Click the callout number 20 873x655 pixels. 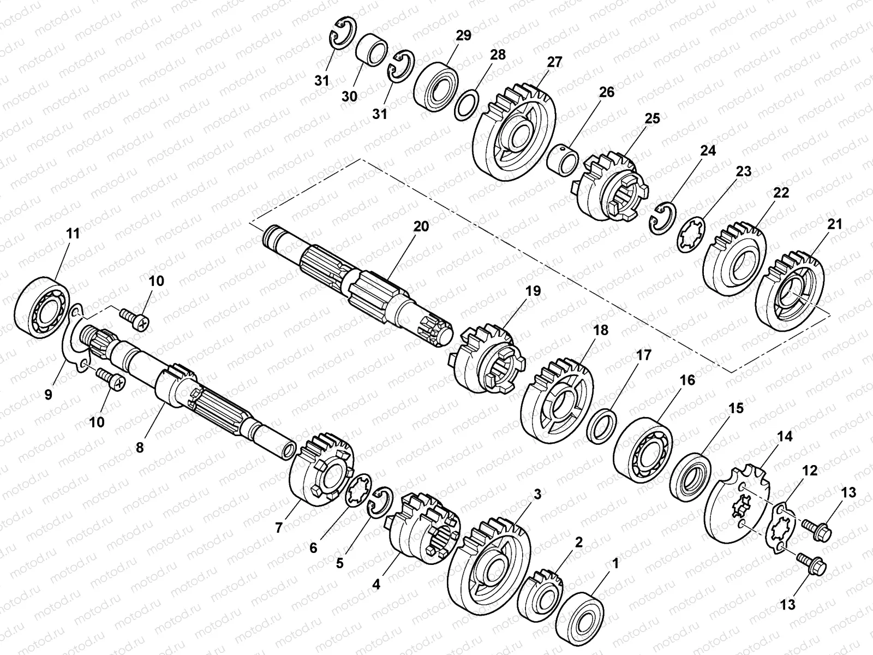421,226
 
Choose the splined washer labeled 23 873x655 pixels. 690,235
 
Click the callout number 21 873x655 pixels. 835,224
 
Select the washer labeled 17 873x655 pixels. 604,424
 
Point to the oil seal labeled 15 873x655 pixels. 690,475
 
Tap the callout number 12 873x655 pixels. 810,470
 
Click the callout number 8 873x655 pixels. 140,448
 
